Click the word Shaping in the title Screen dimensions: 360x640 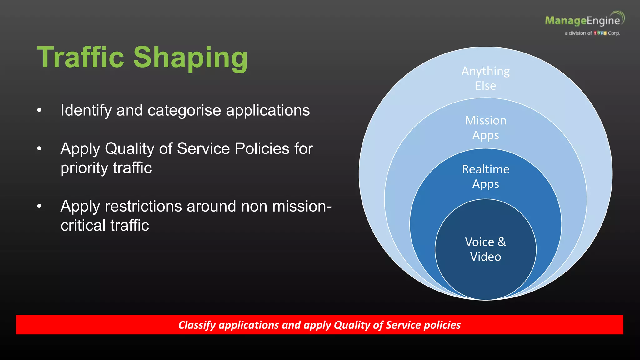191,58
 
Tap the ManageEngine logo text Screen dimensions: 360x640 582,21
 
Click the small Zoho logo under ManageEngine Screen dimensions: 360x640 600,33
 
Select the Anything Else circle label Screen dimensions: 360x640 485,78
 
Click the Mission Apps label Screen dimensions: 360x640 485,127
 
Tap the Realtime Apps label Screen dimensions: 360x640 485,176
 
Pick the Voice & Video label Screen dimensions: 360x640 485,249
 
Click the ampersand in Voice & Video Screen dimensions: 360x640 502,242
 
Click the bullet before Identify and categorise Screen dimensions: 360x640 39,110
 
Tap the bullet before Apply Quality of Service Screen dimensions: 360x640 39,148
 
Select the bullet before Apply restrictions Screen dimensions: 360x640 39,206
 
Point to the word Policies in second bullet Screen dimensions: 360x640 262,148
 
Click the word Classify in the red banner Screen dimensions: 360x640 197,325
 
